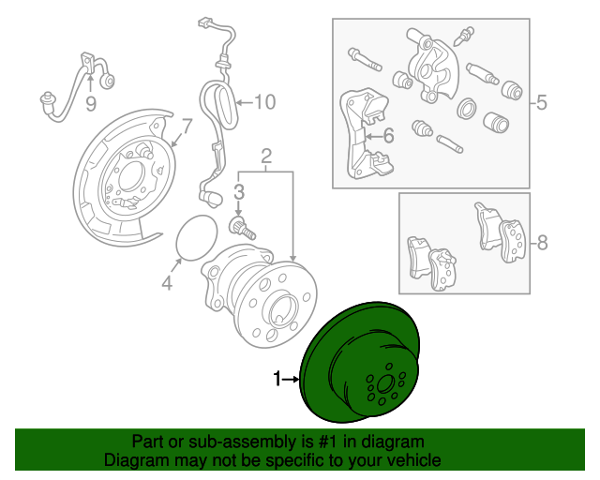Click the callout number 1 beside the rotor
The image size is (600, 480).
pos(277,379)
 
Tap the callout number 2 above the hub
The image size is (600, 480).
pos(266,157)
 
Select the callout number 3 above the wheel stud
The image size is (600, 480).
pos(239,192)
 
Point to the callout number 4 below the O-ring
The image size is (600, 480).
pos(167,283)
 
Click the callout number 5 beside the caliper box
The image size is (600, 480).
pos(542,102)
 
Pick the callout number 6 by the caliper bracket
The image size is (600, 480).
pos(388,136)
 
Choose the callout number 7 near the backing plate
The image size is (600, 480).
pos(187,127)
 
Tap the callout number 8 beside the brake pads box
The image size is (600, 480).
pos(542,243)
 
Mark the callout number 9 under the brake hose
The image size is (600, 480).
pos(91,104)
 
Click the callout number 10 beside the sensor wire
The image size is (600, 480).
pos(264,102)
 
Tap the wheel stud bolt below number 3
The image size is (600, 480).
pos(242,228)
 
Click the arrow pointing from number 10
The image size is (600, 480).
pos(245,102)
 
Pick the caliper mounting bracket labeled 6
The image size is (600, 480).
pos(366,134)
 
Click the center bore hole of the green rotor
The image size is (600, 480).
pos(385,384)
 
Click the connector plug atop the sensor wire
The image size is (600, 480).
pos(205,22)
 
